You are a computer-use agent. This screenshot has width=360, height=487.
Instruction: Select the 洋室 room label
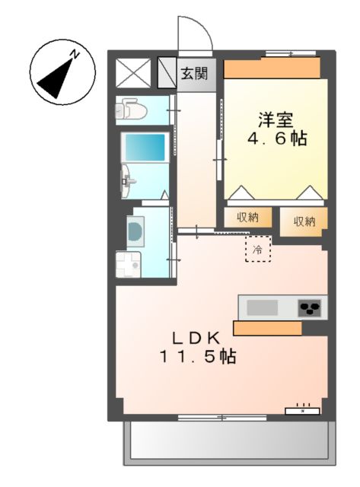pos(276,120)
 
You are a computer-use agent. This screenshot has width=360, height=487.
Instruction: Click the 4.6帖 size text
pos(276,140)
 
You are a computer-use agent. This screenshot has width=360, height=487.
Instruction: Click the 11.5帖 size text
pos(196,356)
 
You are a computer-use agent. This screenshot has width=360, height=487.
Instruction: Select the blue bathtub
pos(144,146)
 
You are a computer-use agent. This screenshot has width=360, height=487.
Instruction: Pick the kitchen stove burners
pos(310,308)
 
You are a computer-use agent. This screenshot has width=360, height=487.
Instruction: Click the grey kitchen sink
pos(263,308)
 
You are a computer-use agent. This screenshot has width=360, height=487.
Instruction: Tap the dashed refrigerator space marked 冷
pos(258,249)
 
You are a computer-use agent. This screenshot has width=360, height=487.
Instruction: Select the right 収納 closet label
pos(304,221)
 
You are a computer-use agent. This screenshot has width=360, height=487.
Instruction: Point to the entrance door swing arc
pos(192,32)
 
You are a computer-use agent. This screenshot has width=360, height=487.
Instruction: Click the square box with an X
pos(134,73)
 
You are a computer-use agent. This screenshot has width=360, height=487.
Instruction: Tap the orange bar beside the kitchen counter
pos(266,328)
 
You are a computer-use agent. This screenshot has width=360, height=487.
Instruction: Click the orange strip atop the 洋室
pos(271,68)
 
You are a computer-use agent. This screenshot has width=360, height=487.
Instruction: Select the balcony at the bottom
pos(229,442)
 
